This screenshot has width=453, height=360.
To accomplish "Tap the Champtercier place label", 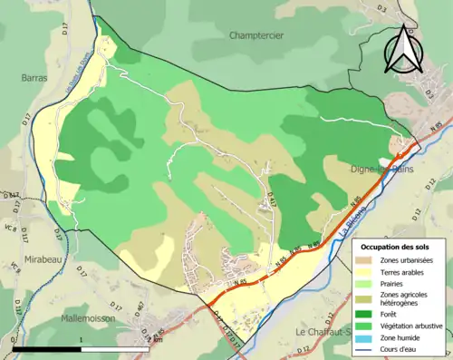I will click(x=251, y=34).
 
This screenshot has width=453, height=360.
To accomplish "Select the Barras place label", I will click(x=34, y=78).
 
